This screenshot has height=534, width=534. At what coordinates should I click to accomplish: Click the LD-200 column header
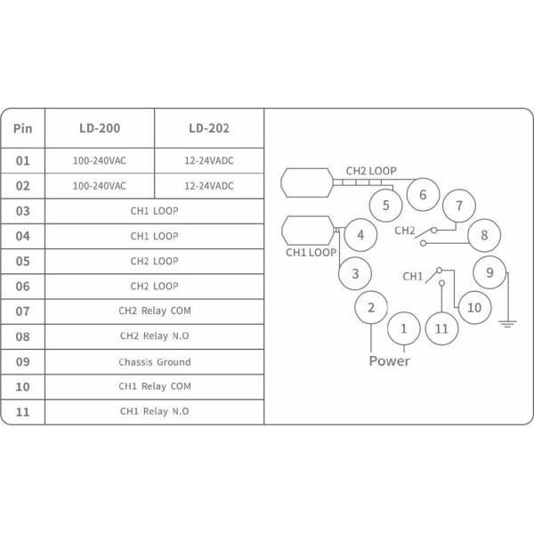point(99,127)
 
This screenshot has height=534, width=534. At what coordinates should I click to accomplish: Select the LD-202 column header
point(209,127)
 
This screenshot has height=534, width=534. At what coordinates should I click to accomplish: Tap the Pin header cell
point(23,127)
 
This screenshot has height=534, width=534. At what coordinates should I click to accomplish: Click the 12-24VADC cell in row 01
point(209,161)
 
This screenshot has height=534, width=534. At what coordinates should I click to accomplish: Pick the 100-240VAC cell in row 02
point(99,186)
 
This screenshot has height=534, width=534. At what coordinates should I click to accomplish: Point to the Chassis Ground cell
point(154,362)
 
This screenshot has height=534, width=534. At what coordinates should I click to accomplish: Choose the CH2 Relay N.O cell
point(154,336)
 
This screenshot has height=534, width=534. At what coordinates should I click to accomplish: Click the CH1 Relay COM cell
point(154,387)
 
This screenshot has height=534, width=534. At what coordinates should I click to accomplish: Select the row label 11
point(23,412)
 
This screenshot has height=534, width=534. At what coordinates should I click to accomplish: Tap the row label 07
point(23,311)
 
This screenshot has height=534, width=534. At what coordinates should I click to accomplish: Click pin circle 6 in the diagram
point(423,194)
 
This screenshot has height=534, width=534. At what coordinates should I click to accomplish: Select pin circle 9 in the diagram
point(489,271)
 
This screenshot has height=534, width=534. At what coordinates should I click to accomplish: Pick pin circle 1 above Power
point(404,328)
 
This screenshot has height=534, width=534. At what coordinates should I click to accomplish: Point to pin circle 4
point(360,235)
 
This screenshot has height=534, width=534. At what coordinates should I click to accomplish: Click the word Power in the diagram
point(390,361)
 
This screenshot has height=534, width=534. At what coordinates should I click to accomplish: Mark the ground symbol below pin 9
point(508,323)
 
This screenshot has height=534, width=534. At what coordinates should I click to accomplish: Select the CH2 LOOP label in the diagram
point(371,170)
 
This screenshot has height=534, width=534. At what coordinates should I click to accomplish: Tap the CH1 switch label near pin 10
point(413,277)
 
